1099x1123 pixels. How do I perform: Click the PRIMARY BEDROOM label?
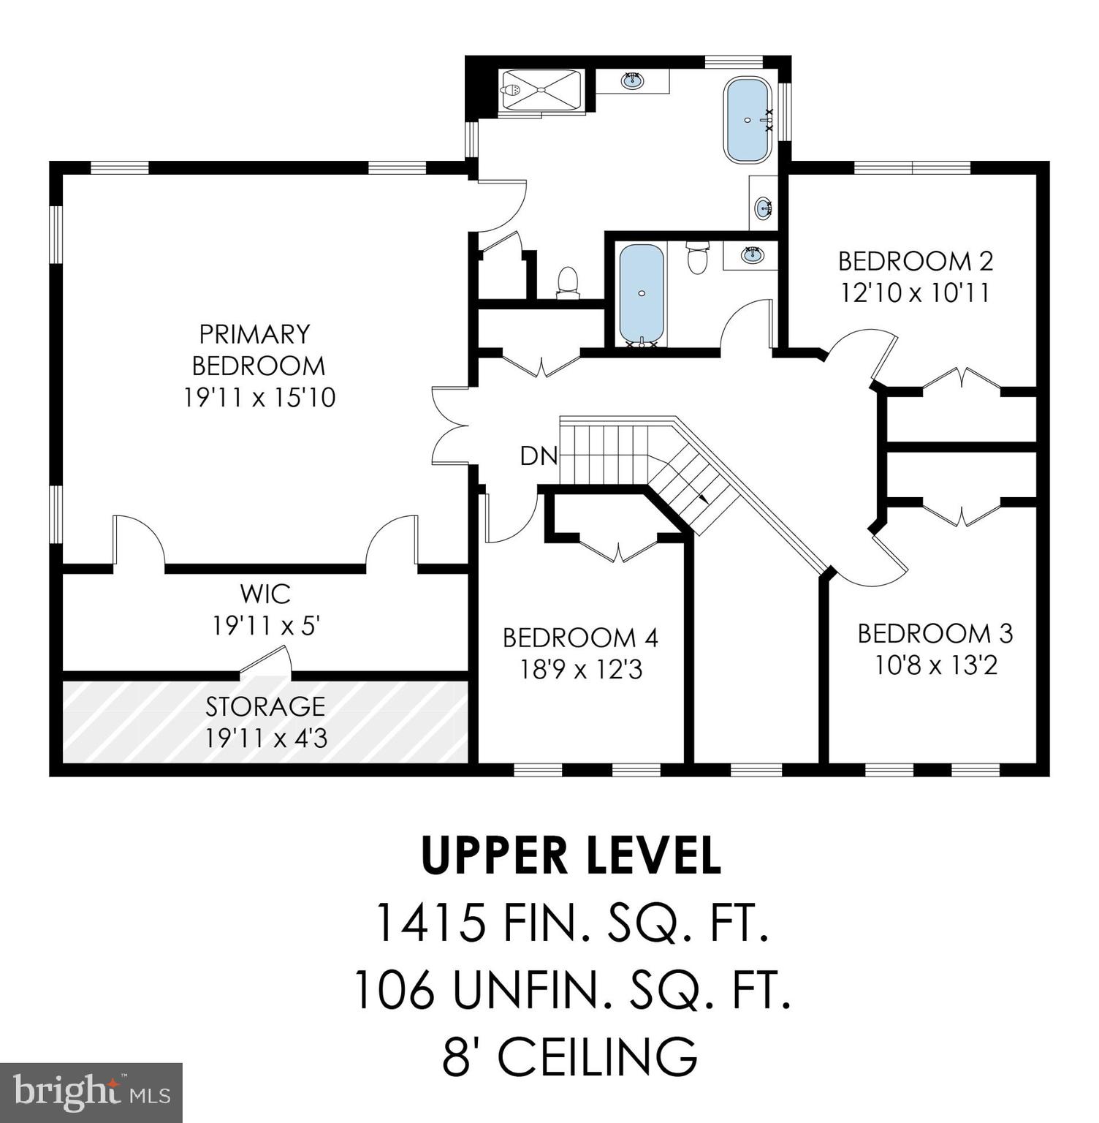tap(255, 349)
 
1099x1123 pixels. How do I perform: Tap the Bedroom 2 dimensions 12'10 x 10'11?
tap(915, 293)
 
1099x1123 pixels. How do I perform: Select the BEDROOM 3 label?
tap(935, 633)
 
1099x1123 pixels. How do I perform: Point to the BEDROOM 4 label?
tap(580, 638)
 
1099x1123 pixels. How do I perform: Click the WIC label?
tap(265, 594)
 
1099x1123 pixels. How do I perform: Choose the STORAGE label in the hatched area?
tap(265, 706)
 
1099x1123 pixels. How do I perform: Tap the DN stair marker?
tap(539, 455)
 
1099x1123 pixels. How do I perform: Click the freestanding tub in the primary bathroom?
tap(748, 121)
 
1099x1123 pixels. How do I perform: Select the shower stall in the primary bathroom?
tap(541, 91)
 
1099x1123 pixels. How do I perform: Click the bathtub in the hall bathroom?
tap(642, 294)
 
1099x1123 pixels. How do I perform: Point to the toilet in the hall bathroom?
tap(698, 258)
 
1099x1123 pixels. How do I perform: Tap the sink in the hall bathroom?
tap(751, 256)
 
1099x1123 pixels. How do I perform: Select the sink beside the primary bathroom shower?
tap(632, 80)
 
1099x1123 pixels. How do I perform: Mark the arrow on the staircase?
tap(703, 498)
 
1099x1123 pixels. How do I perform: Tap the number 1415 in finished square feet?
tap(430, 923)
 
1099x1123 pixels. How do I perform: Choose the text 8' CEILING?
tap(570, 1056)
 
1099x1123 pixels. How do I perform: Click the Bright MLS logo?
tap(91, 1092)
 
